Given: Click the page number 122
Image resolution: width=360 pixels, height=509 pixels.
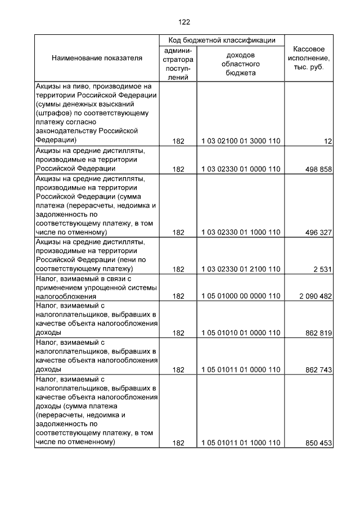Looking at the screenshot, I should (x=184, y=22).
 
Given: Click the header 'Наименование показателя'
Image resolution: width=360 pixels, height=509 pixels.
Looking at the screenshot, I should (x=97, y=58).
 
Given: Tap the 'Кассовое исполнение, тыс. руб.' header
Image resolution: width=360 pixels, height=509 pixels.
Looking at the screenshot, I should (x=309, y=58).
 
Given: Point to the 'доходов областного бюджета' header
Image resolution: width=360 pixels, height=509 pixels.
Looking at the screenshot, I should (x=240, y=64).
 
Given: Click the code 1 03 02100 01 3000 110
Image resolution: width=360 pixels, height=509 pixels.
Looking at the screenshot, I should (x=240, y=142).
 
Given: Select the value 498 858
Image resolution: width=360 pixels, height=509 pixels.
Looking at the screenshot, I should (x=318, y=169).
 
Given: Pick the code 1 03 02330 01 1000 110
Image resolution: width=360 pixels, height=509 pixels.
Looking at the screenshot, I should (x=240, y=232).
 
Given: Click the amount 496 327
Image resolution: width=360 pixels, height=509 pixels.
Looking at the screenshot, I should (x=318, y=232).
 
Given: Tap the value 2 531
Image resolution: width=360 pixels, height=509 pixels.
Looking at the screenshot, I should (x=323, y=269).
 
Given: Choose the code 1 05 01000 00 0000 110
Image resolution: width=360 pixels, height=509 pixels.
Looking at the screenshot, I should (x=240, y=296).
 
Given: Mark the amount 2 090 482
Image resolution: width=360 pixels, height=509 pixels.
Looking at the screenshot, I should (x=316, y=296).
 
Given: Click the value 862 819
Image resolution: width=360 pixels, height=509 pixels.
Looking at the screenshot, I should (x=318, y=333).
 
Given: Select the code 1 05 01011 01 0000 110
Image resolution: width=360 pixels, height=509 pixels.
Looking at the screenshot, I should (x=240, y=370).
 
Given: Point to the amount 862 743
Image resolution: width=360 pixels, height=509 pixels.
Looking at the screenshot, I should (x=318, y=370).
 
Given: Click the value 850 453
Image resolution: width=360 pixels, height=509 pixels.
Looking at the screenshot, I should (x=318, y=443).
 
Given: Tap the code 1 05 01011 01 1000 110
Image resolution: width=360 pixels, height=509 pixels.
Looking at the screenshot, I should (x=240, y=443).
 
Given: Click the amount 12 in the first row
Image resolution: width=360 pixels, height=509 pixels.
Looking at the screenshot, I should (x=328, y=142).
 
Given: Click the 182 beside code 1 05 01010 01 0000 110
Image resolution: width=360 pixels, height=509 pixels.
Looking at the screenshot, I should (x=178, y=333).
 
